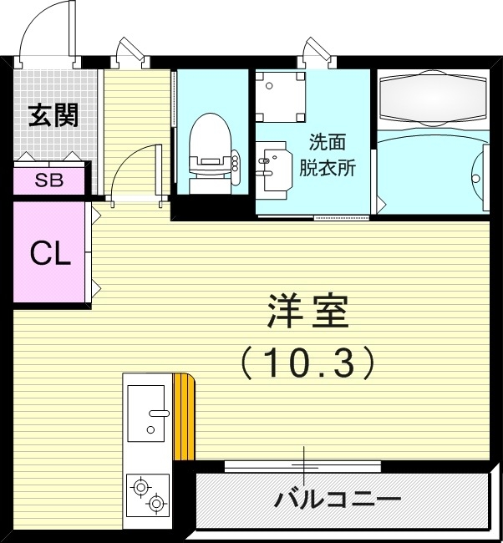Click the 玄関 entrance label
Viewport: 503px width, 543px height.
pyautogui.click(x=53, y=116)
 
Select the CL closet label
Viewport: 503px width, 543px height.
pyautogui.click(x=49, y=253)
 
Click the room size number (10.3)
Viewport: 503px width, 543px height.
pyautogui.click(x=306, y=362)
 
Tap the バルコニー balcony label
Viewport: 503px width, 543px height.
pyautogui.click(x=338, y=500)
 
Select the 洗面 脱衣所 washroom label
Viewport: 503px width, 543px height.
pyautogui.click(x=327, y=155)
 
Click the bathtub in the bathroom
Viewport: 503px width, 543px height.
pyautogui.click(x=432, y=99)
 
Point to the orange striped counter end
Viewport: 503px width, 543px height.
pyautogui.click(x=184, y=417)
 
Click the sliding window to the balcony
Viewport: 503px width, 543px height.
pyautogui.click(x=302, y=465)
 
